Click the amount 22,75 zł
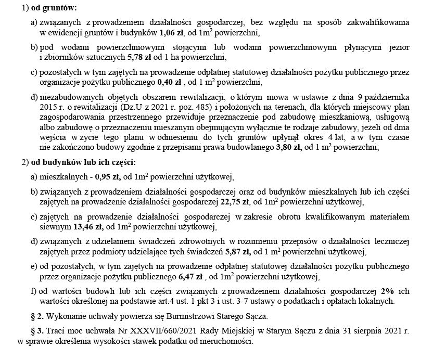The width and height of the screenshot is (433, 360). coord(236,201)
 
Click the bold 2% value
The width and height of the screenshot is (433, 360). coord(387,291)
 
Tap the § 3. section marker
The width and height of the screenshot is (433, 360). coord(36,331)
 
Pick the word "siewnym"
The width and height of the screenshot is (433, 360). coord(55,226)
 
